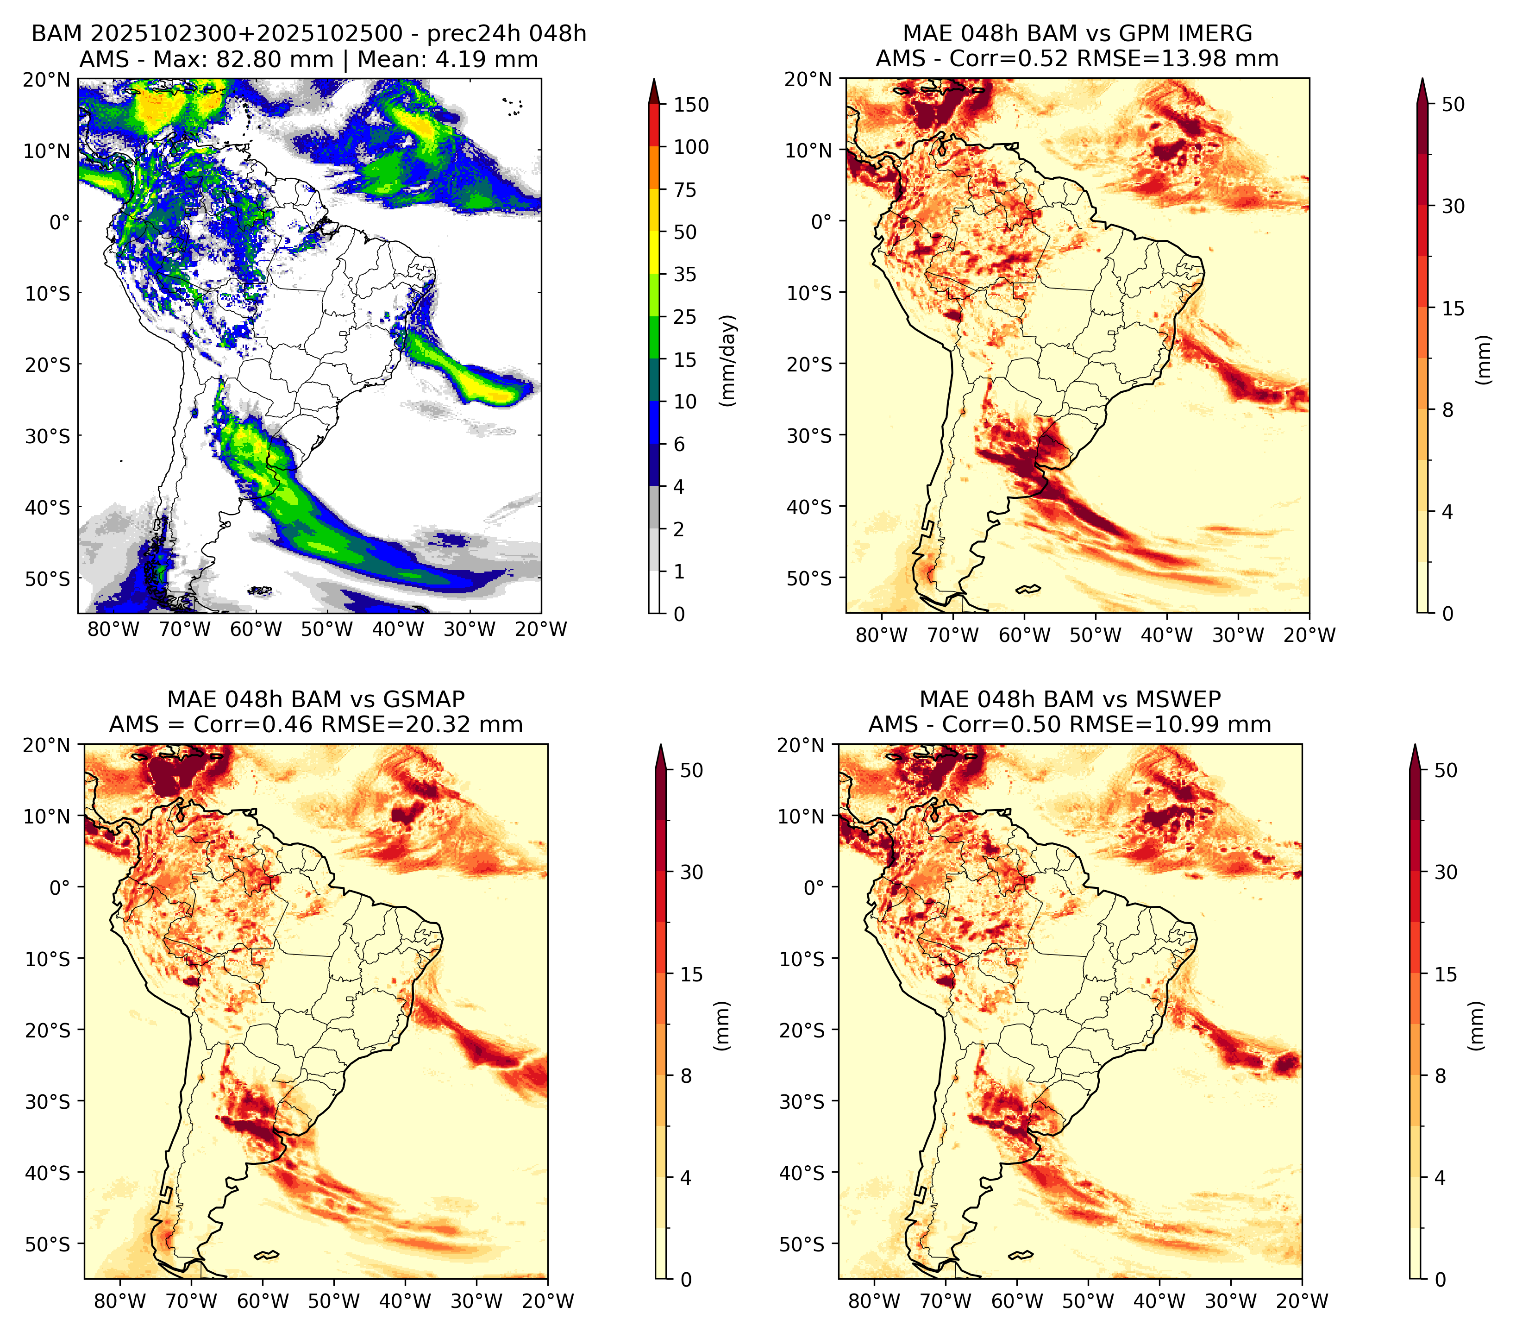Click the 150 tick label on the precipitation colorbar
tap(690, 105)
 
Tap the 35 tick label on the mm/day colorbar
tap(684, 274)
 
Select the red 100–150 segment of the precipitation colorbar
tap(654, 126)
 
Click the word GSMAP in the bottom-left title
tap(424, 699)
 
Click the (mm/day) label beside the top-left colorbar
tap(729, 360)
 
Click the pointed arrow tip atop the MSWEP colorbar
tap(1415, 745)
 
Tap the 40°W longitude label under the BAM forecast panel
tap(398, 630)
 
